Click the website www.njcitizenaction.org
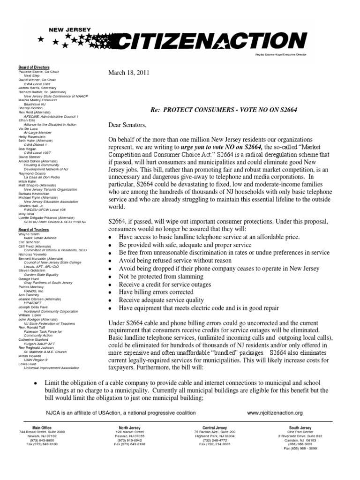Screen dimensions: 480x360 [x=275, y=412]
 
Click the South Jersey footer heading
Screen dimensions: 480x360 [x=300, y=428]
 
